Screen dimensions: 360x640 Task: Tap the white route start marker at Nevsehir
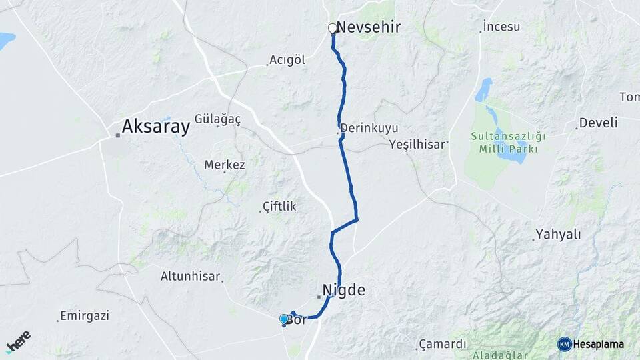point(332,28)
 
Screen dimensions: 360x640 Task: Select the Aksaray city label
point(156,126)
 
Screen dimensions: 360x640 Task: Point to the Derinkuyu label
point(369,127)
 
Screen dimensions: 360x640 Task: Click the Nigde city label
point(344,290)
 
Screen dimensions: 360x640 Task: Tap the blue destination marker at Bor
point(284,319)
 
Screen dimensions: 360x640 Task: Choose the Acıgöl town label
point(287,60)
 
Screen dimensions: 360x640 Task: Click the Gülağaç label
point(217,118)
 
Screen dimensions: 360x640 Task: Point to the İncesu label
point(501,27)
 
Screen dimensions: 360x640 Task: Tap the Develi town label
point(598,123)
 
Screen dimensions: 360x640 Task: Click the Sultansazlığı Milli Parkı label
point(508,142)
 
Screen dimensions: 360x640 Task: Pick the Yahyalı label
point(559,235)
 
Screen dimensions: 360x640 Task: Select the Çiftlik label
point(279,207)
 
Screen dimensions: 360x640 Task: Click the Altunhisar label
point(191,275)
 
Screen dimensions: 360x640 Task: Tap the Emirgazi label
point(84,315)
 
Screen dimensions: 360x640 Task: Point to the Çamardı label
point(442,344)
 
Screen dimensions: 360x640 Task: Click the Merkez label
point(225,165)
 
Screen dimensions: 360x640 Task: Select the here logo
point(18,341)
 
